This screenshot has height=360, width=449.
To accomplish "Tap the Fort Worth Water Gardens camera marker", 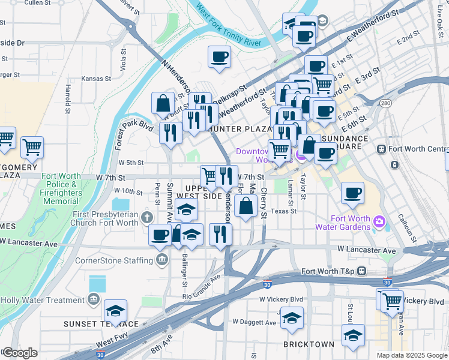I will (379, 222).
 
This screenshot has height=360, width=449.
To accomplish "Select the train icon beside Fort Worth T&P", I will (362, 271).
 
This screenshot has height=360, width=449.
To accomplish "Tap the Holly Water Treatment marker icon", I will (93, 299).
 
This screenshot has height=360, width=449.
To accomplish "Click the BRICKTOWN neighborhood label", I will (309, 344).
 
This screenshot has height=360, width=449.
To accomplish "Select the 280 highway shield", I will (386, 104).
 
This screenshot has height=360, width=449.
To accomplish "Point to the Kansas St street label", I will (97, 79).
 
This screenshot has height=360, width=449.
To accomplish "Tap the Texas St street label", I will (283, 211).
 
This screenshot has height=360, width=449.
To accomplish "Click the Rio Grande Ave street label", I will (202, 287).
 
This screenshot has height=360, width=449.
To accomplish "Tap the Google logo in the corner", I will (20, 353).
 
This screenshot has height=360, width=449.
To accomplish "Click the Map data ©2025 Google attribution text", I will (411, 355).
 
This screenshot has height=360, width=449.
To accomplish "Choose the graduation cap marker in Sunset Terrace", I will (115, 311).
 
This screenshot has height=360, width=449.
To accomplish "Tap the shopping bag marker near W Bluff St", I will (163, 103).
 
